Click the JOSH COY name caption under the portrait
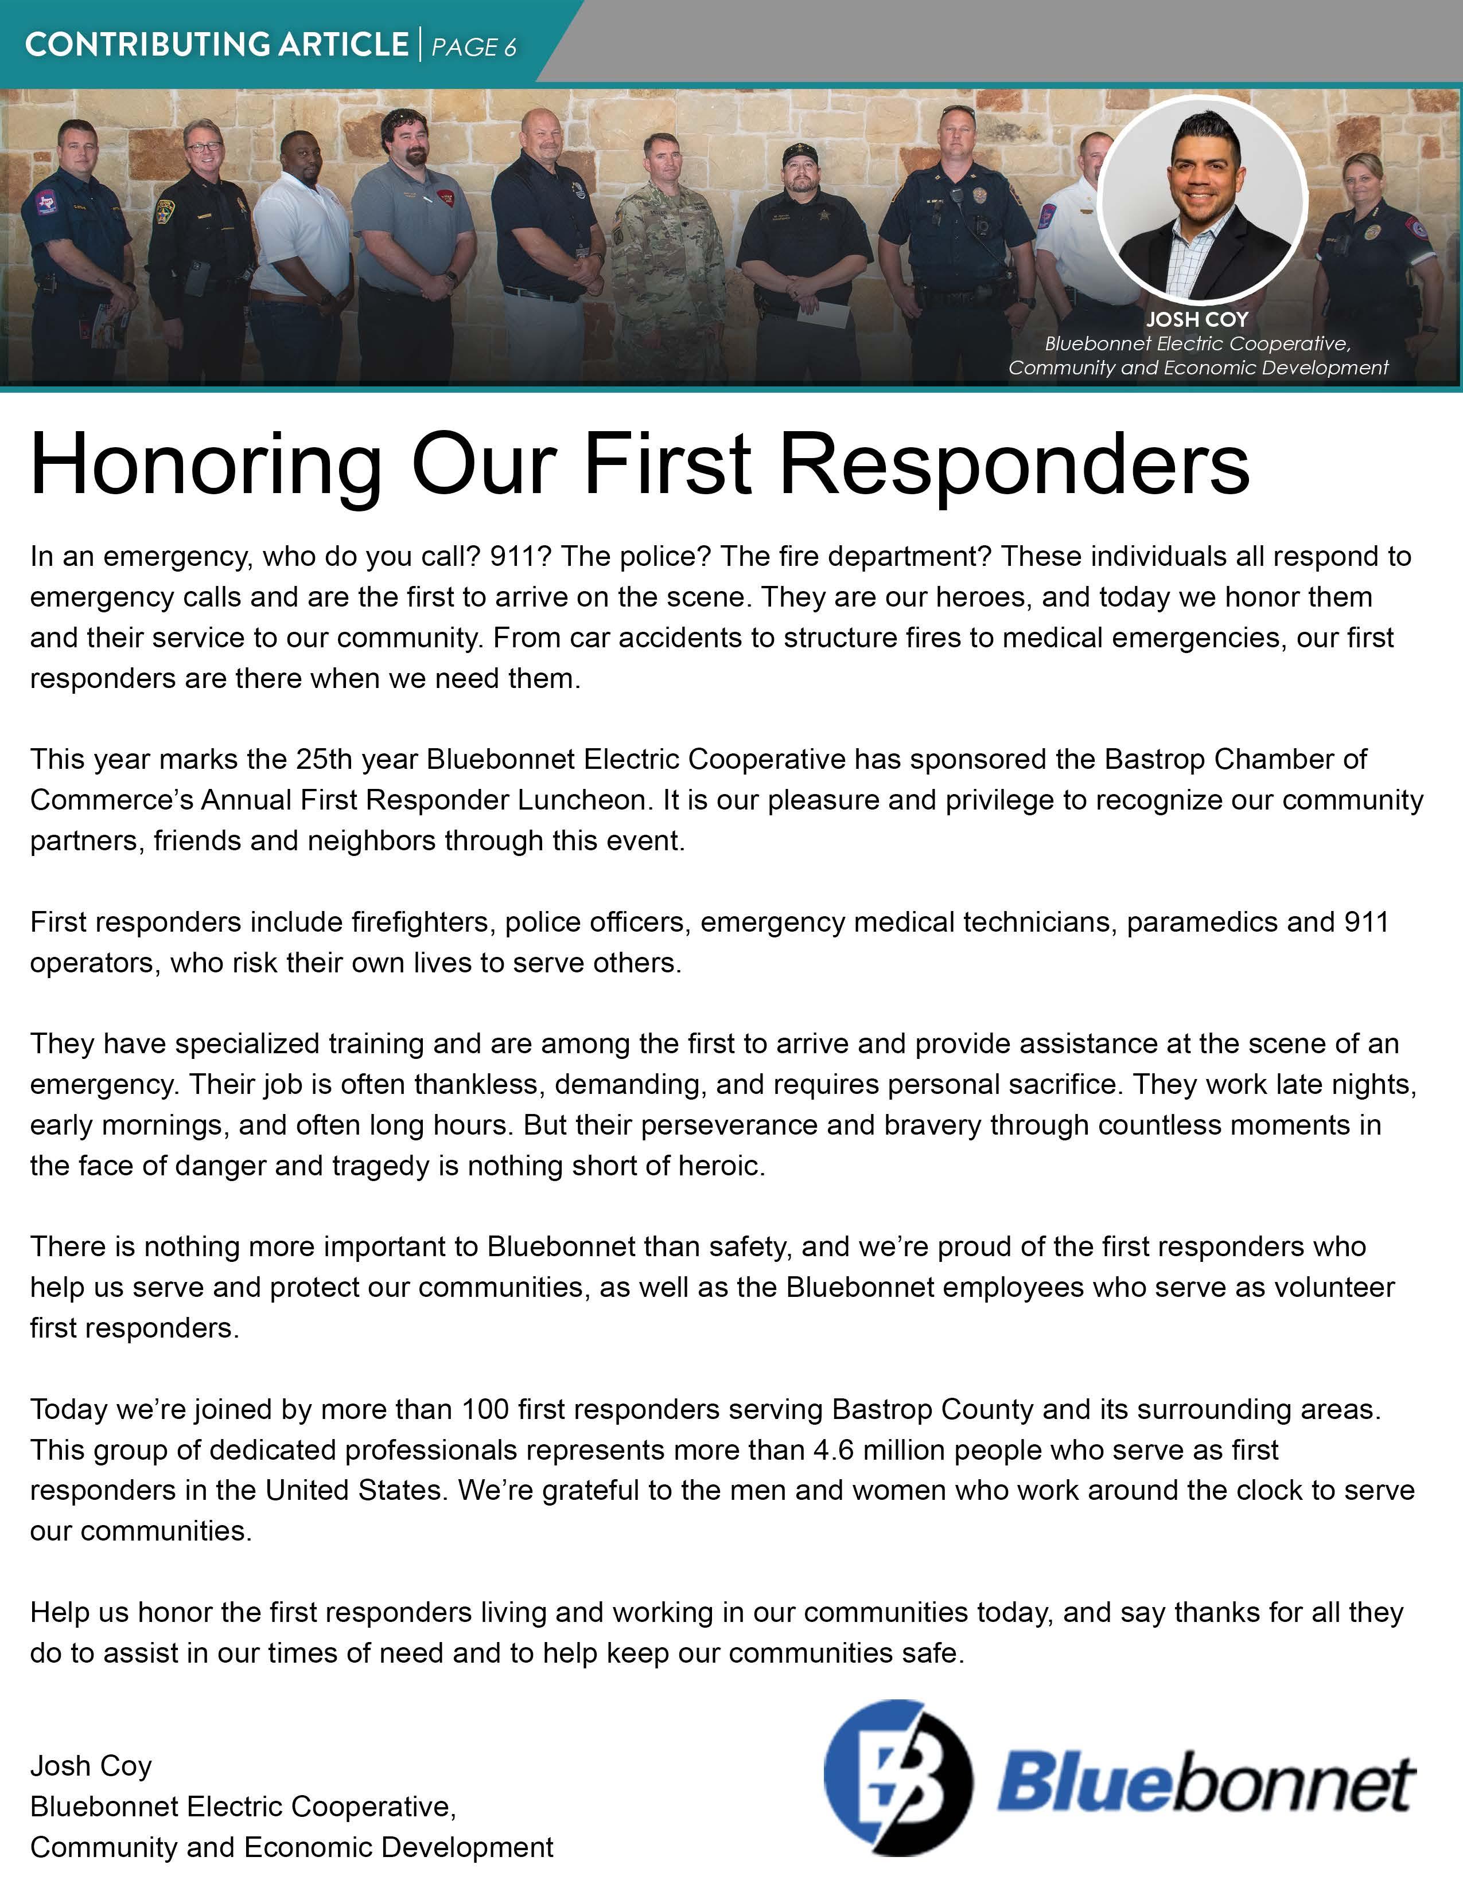(1197, 319)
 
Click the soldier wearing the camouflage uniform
(667, 260)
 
